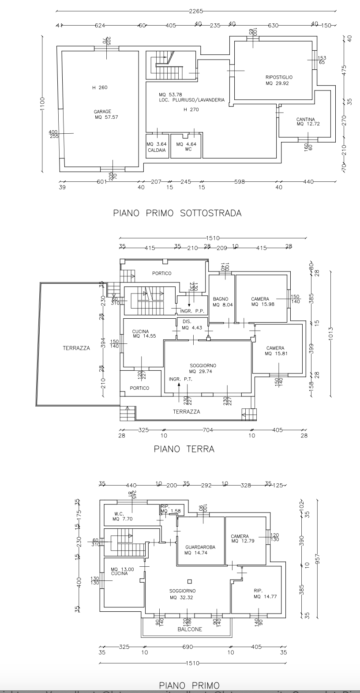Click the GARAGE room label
[x=102, y=112]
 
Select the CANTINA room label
[x=306, y=119]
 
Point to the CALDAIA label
[x=157, y=150]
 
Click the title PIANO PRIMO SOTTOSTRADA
[x=177, y=213]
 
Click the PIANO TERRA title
[x=184, y=449]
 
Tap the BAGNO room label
[x=220, y=299]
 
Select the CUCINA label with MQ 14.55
[x=140, y=331]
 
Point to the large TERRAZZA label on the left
[x=76, y=348]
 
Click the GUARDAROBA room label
[x=200, y=547]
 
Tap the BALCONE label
[x=190, y=629]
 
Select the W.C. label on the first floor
[x=118, y=514]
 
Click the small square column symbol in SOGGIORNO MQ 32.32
[x=189, y=581]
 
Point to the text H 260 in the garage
[x=100, y=87]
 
